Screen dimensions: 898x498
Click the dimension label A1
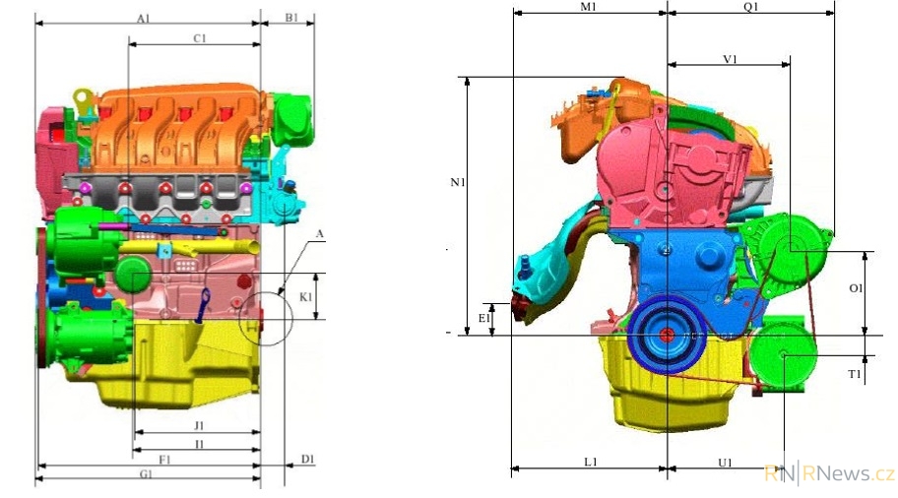tap(143, 19)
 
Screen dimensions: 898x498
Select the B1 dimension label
tap(291, 18)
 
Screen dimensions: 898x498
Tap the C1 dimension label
tap(199, 38)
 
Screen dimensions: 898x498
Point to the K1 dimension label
tap(306, 297)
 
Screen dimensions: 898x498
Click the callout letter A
tap(320, 233)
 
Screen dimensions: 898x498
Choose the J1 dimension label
tap(199, 426)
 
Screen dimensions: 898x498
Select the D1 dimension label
tap(307, 459)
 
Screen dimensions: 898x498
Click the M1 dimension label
tap(589, 6)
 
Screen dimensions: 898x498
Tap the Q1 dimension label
tap(751, 6)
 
